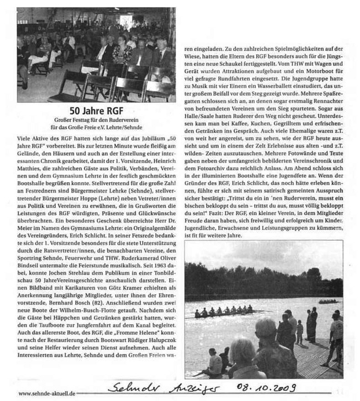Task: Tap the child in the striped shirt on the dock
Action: (300, 332)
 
